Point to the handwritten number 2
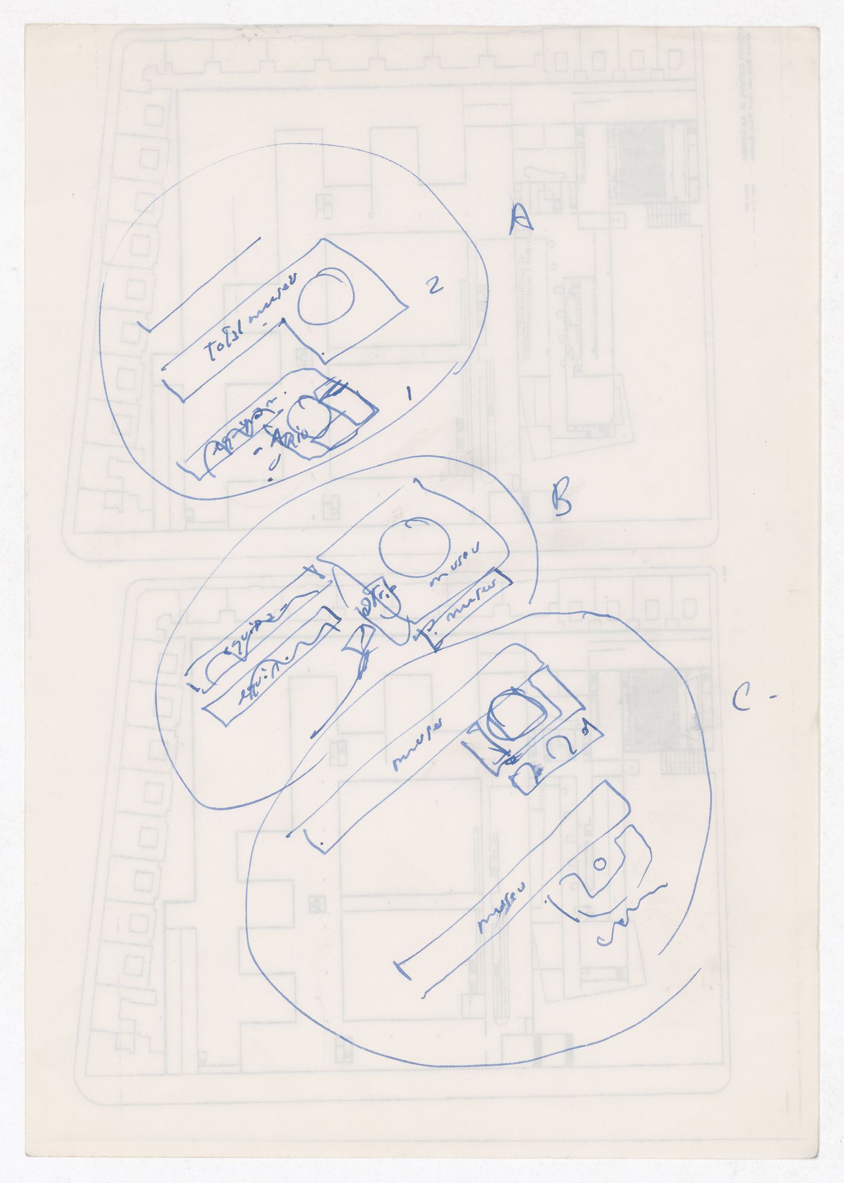pyautogui.click(x=435, y=285)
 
